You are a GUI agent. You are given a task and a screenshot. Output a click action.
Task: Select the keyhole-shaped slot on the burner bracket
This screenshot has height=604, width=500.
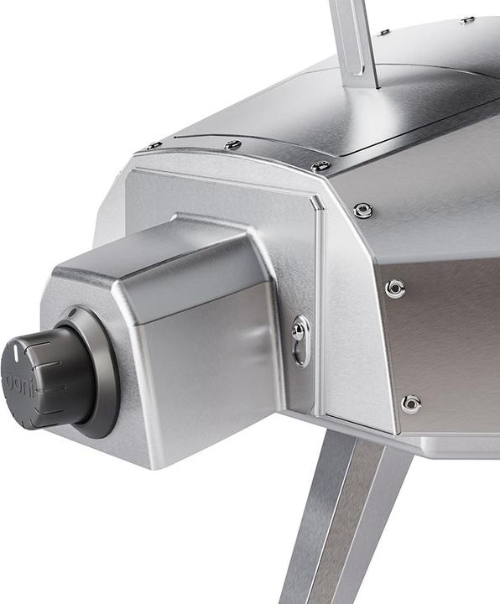click(x=301, y=341)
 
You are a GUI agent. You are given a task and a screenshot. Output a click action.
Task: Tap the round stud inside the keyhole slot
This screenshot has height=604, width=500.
click(x=298, y=331)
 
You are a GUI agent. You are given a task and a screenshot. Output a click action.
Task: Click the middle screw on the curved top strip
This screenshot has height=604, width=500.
click(x=232, y=144)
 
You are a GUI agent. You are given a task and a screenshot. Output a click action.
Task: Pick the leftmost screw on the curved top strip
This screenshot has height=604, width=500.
click(x=154, y=146)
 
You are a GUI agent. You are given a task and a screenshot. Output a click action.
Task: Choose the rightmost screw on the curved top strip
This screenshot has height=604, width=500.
click(x=320, y=165)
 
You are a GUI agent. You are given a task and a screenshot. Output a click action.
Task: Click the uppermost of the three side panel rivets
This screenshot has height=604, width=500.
click(x=362, y=210)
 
